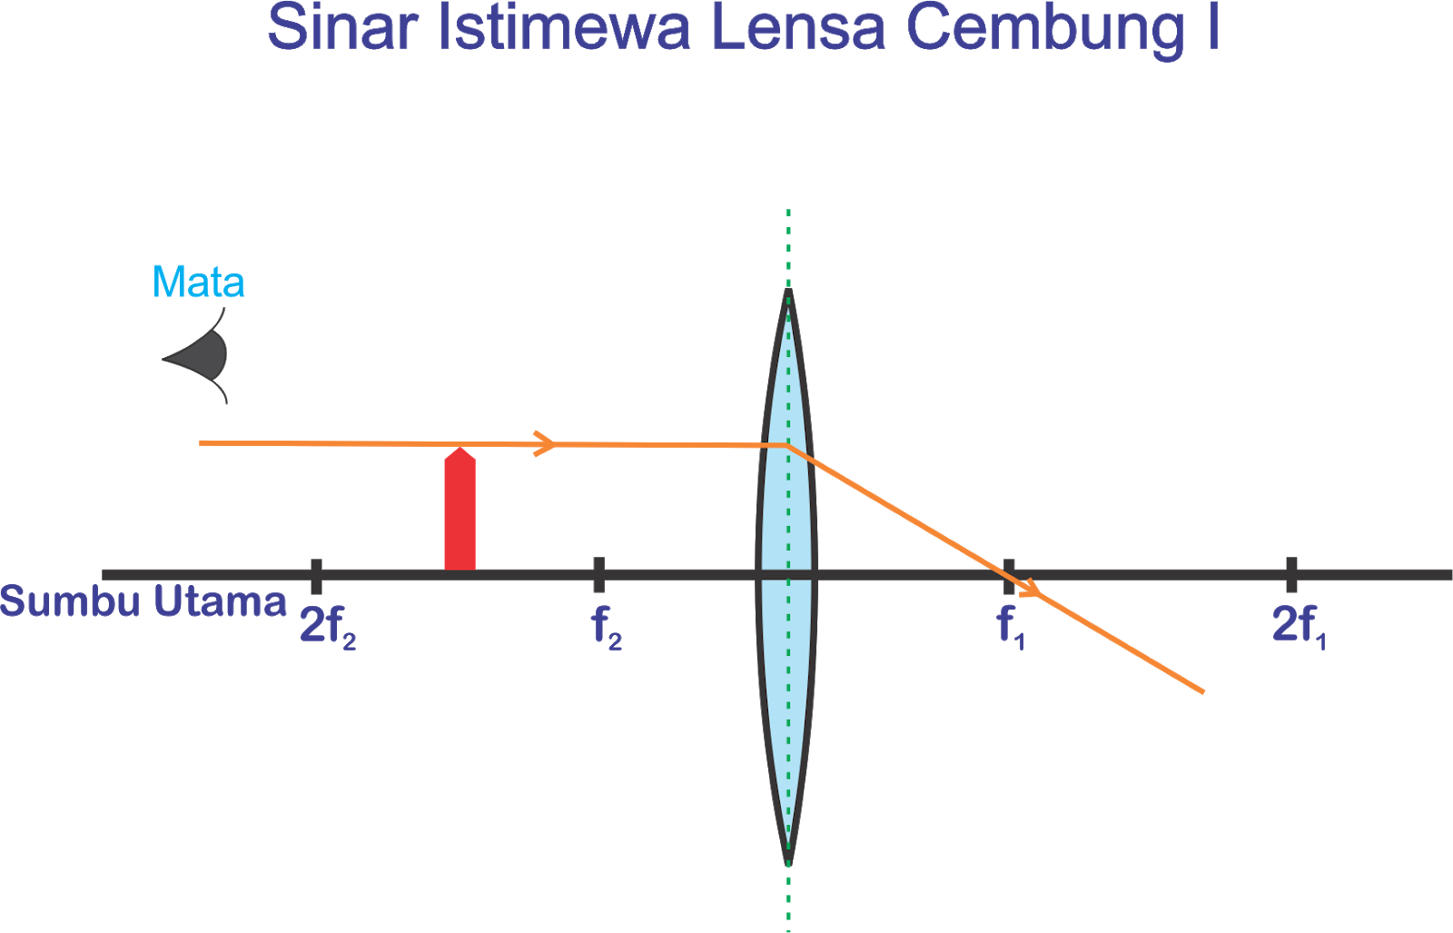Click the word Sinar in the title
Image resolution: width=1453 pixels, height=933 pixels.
click(341, 27)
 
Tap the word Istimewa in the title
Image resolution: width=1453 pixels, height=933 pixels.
click(564, 27)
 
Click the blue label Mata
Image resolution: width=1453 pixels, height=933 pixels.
click(198, 283)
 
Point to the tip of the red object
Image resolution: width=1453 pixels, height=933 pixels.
click(460, 449)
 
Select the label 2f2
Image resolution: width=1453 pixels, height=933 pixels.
click(328, 626)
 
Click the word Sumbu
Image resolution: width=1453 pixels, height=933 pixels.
click(71, 601)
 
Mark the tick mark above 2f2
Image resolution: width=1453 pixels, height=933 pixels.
click(316, 574)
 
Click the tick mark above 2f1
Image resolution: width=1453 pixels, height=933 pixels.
click(1291, 574)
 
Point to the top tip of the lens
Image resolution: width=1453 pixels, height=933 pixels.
click(787, 293)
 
